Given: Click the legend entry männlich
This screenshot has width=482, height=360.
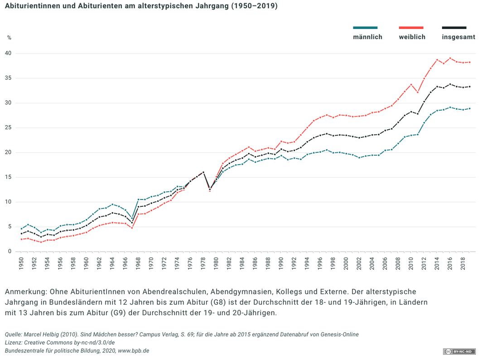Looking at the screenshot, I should (x=367, y=37).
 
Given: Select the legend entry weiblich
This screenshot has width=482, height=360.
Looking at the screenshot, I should (x=412, y=37).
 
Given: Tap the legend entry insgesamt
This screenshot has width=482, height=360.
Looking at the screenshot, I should (x=458, y=37).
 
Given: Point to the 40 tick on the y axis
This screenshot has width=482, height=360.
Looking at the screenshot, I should (x=9, y=54).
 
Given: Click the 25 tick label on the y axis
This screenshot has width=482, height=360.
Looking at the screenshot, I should (x=9, y=128).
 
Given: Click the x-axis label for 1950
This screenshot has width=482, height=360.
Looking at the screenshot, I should (x=22, y=264).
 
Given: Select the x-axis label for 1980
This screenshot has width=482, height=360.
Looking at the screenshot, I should (x=216, y=264).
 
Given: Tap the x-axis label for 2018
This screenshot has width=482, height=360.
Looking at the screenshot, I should (x=462, y=264).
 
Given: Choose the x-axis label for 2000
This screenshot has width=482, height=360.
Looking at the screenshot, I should (x=346, y=264).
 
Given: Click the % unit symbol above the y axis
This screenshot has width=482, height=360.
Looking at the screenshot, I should (x=9, y=37).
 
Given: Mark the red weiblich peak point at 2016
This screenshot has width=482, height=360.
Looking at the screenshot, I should (x=449, y=58).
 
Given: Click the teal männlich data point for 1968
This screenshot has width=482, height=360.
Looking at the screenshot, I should (x=138, y=199).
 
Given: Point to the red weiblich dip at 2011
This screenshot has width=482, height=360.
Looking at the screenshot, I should (x=417, y=92).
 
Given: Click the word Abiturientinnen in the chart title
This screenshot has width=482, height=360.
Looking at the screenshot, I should (x=32, y=6).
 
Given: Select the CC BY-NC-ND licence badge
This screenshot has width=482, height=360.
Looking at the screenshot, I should (x=459, y=351).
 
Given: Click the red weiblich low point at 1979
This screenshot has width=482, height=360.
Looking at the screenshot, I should (x=210, y=191).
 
